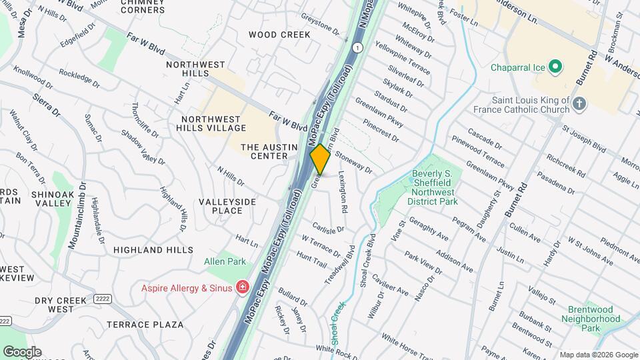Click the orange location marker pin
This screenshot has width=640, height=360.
pos(320,159)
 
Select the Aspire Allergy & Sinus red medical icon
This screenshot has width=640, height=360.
pos(243,288)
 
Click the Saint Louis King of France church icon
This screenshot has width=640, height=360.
pos(579,103)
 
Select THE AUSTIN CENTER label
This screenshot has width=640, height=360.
pos(264,151)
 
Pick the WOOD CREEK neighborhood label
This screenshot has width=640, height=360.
pos(280,34)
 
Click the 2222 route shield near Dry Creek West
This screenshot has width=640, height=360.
pos(102,298)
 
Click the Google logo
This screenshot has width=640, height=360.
pos(22,352)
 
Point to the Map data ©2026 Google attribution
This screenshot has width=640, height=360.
pos(599,355)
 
